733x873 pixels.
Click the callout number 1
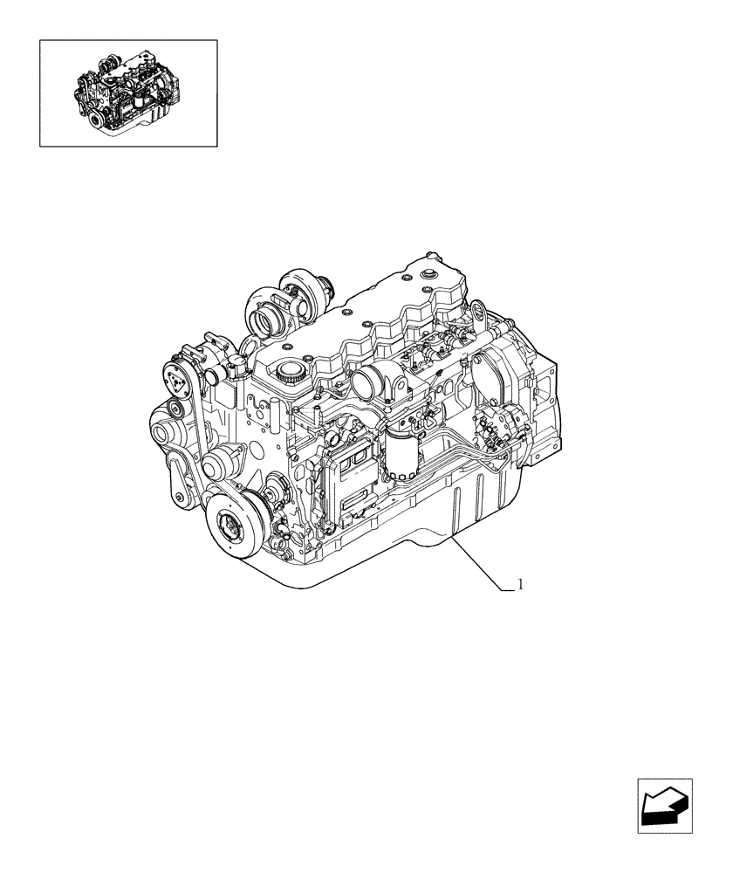tap(521, 584)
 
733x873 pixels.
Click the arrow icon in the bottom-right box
tap(664, 805)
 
